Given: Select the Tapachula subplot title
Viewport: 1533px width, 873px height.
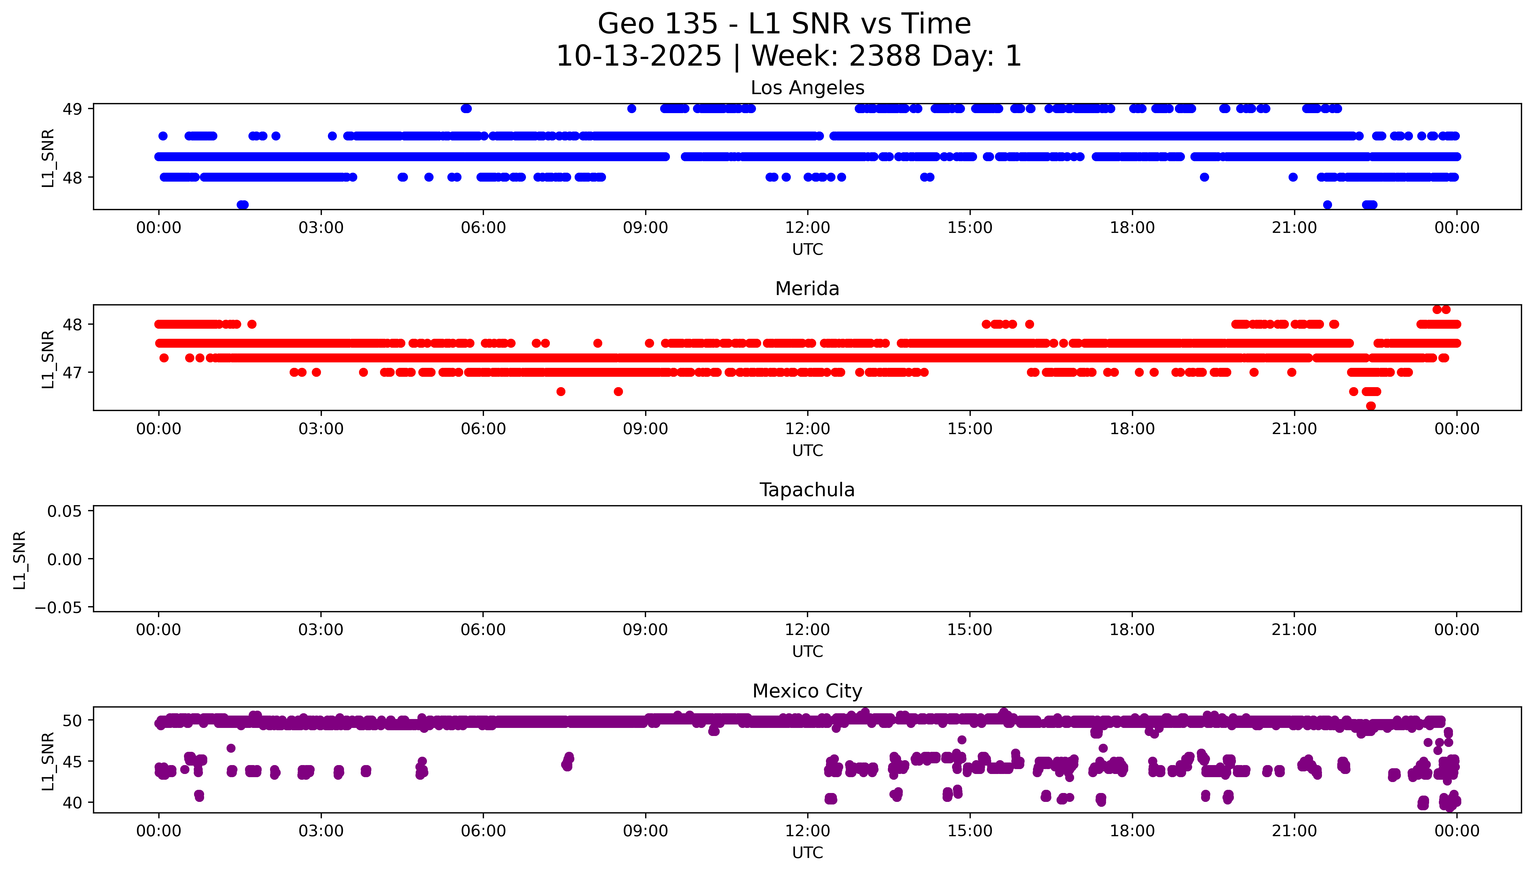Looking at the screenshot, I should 807,490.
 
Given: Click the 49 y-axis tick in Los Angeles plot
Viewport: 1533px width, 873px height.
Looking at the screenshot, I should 73,109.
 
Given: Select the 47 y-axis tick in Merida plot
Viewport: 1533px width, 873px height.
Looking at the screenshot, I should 73,373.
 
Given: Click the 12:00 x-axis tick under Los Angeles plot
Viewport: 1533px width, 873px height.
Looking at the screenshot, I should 808,228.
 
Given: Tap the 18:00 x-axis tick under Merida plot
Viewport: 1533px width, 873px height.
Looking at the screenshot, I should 1132,429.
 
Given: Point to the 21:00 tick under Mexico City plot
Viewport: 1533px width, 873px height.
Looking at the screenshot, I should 1294,831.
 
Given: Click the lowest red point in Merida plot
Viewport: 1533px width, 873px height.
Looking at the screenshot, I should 1371,406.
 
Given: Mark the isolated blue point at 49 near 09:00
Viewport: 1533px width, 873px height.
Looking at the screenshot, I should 631,109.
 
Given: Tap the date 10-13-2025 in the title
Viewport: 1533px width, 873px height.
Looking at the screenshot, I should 639,56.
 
